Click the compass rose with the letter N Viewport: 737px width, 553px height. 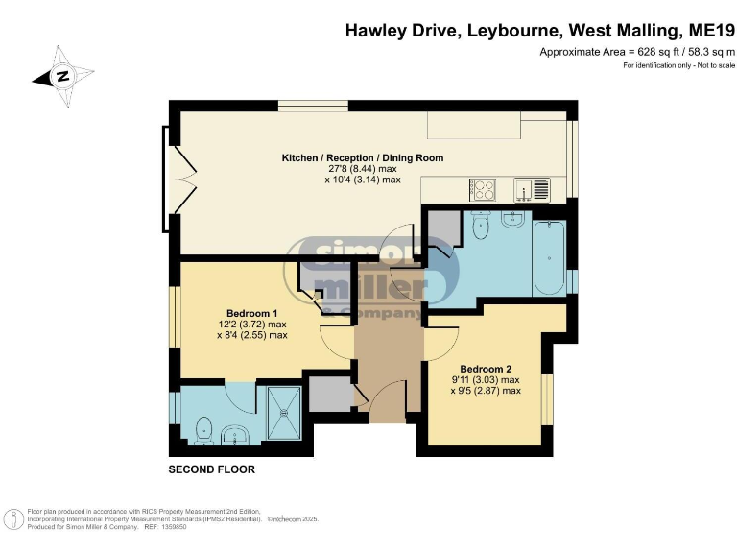[63, 76]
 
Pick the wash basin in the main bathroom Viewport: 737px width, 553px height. [512, 219]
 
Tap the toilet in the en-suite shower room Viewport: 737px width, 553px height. [202, 430]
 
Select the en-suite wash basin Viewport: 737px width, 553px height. [235, 437]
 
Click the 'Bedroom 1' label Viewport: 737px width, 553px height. [251, 313]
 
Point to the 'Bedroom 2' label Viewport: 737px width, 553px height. [486, 369]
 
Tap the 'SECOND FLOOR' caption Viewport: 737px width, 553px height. [211, 470]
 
